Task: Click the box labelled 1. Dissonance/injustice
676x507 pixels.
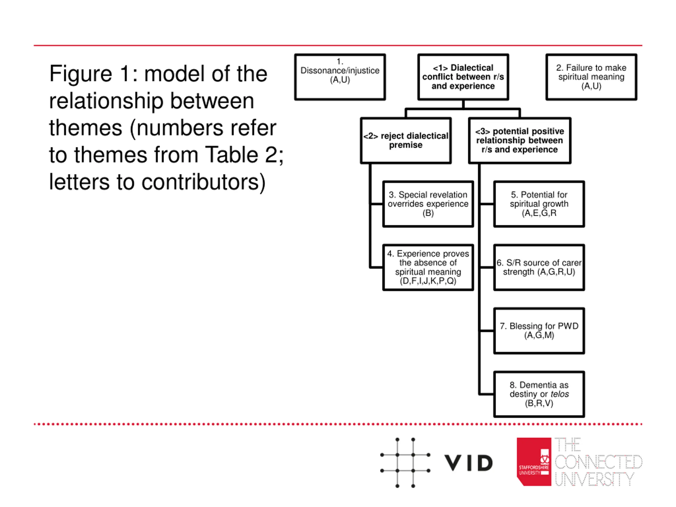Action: click(x=340, y=77)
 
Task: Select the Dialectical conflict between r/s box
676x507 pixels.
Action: click(x=463, y=77)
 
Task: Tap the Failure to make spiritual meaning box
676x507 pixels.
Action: click(x=591, y=77)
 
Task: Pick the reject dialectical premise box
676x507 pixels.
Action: click(x=406, y=140)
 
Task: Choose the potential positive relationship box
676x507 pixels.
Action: click(x=519, y=140)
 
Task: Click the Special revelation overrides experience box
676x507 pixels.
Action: click(x=428, y=204)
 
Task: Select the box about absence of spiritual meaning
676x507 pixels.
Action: click(x=428, y=267)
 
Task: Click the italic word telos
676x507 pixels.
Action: click(x=560, y=394)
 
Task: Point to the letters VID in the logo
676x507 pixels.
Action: click(x=468, y=463)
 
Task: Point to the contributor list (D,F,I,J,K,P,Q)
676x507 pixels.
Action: click(x=428, y=281)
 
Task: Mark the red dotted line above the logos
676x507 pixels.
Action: click(x=338, y=424)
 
